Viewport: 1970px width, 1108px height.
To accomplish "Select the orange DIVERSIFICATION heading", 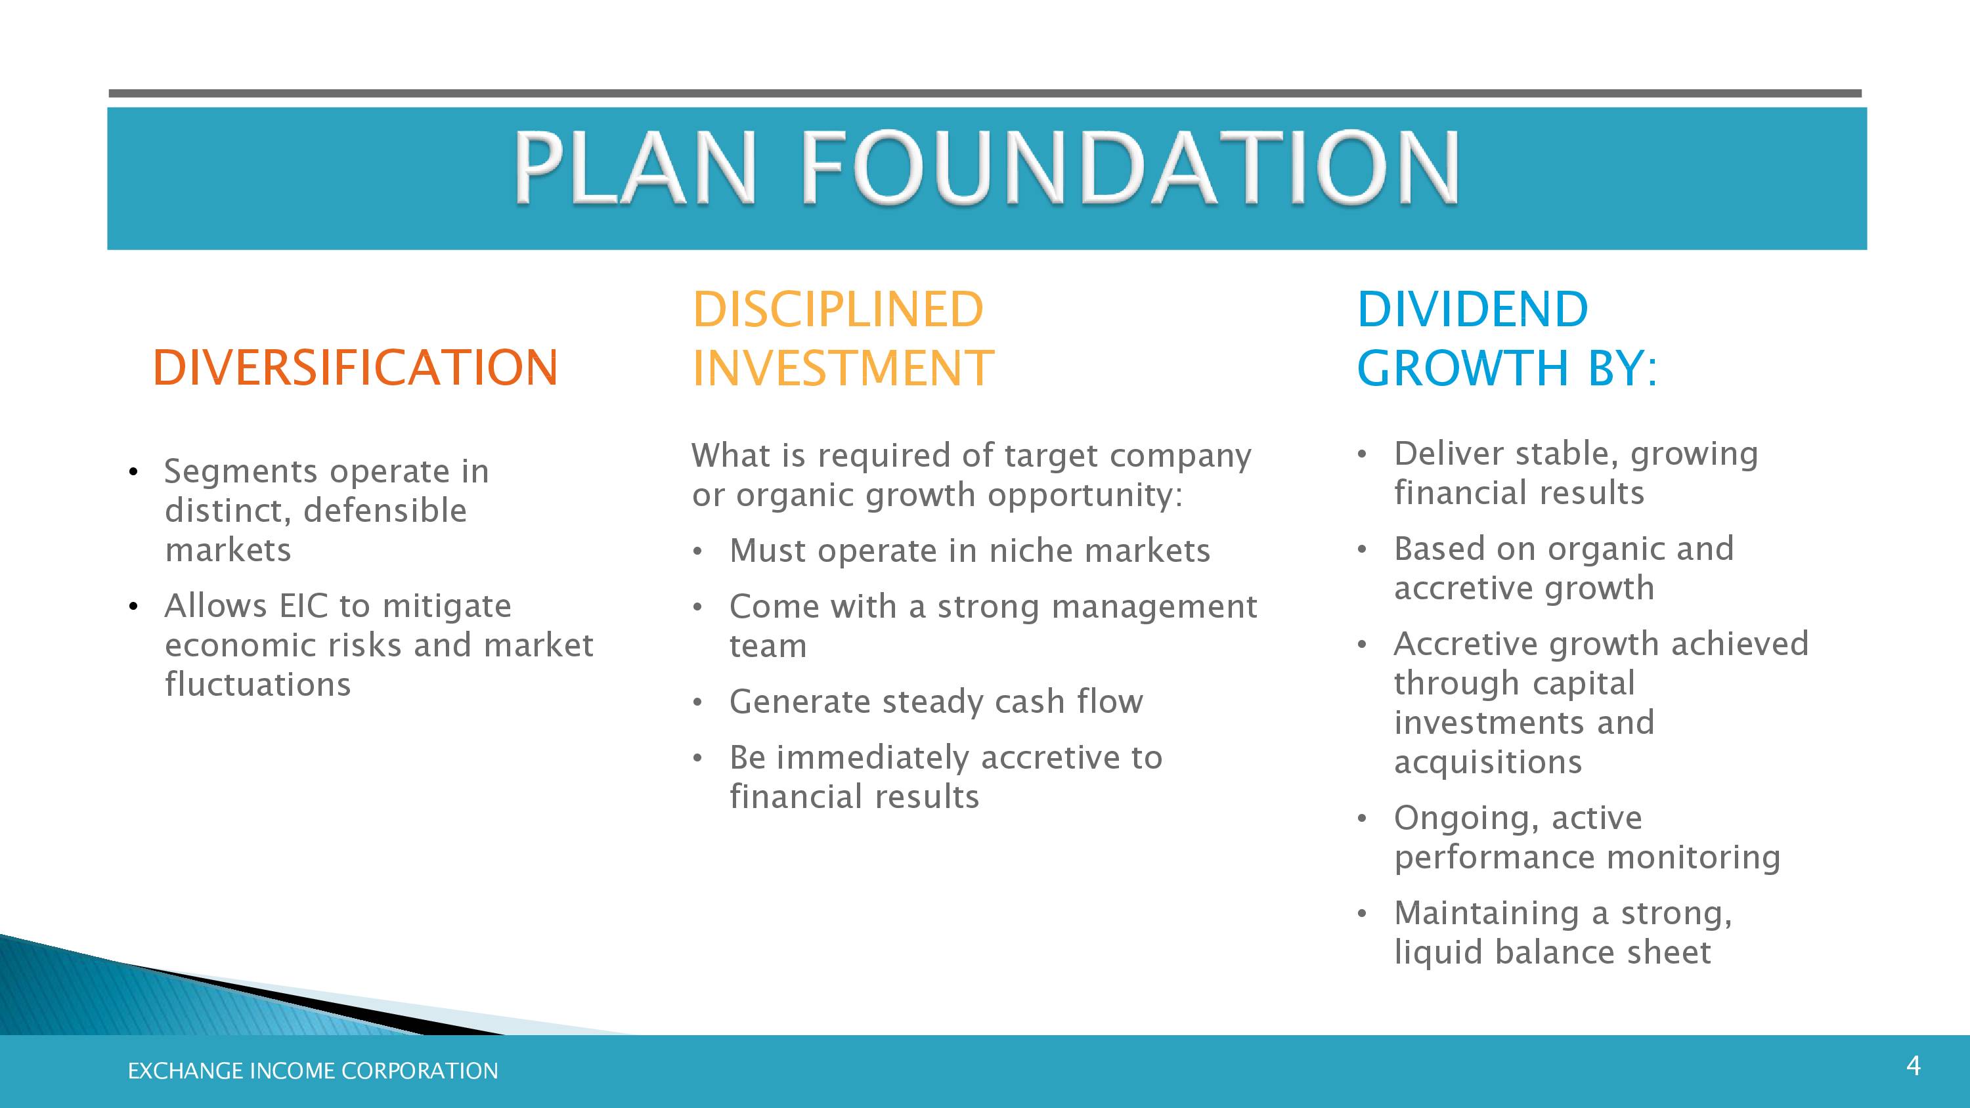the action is [x=356, y=367].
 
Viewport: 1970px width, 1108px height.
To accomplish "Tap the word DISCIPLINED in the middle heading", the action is [x=837, y=309].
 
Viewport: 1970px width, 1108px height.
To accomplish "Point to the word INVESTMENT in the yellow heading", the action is [x=843, y=368].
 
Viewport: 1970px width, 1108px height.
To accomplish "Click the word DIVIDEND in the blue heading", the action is [x=1473, y=309].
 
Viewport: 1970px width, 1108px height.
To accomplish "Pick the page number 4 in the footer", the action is [x=1914, y=1065].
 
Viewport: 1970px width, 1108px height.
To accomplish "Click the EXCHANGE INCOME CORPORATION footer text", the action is [x=313, y=1071].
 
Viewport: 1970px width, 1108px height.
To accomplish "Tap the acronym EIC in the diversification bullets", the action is [x=303, y=606].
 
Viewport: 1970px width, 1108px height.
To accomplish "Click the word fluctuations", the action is [x=257, y=685].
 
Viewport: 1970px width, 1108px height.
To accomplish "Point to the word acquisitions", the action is [x=1488, y=762].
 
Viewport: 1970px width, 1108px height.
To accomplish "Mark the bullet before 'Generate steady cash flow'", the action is [x=697, y=703].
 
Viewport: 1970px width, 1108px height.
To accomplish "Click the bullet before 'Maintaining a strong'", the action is [x=1362, y=914].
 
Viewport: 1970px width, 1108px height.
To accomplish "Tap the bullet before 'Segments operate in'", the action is [x=133, y=472].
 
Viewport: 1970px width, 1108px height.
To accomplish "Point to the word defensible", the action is [x=385, y=511].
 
